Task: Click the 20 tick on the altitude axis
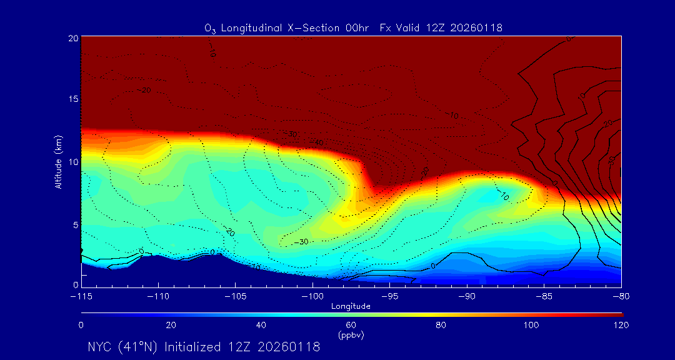[x=72, y=38]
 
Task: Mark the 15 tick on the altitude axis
[x=72, y=99]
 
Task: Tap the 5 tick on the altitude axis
[x=75, y=224]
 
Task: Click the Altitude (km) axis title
[x=59, y=161]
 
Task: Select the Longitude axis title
[x=351, y=306]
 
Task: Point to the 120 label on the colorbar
[x=620, y=325]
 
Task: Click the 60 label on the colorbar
[x=351, y=325]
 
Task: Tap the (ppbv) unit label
[x=351, y=335]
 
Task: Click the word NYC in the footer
[x=100, y=347]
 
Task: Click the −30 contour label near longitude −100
[x=301, y=241]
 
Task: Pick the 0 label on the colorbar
[x=81, y=325]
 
